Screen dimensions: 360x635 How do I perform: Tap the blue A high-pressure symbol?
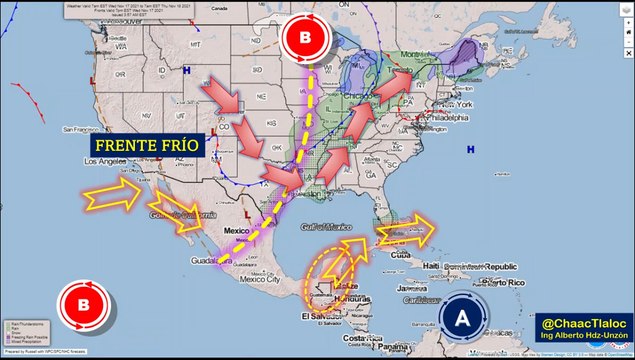[x=461, y=319]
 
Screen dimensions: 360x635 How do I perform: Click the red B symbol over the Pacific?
[x=83, y=305]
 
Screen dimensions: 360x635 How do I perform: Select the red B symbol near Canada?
[x=303, y=40]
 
